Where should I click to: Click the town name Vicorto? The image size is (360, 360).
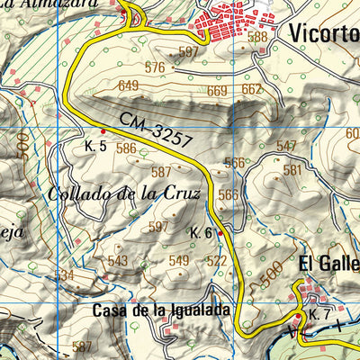tap(324, 33)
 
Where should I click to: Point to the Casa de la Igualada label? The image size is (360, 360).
tap(161, 310)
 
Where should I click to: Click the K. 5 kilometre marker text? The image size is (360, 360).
tap(96, 145)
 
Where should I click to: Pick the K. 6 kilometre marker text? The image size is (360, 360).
tap(201, 232)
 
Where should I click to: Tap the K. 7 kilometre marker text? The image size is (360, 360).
tap(319, 314)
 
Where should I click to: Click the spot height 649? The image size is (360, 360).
tap(129, 86)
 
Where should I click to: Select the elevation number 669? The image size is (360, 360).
tap(217, 91)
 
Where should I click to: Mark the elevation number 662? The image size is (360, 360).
tap(252, 88)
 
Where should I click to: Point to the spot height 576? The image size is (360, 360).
tap(155, 67)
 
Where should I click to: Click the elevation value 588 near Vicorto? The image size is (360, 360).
tap(257, 37)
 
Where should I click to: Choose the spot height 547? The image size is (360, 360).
tap(286, 146)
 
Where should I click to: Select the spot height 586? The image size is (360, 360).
tap(126, 149)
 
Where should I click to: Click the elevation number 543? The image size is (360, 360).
tap(118, 261)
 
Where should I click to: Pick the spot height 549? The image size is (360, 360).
tap(179, 261)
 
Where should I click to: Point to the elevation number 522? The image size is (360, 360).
tap(216, 261)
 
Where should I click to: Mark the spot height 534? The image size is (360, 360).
tap(64, 275)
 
